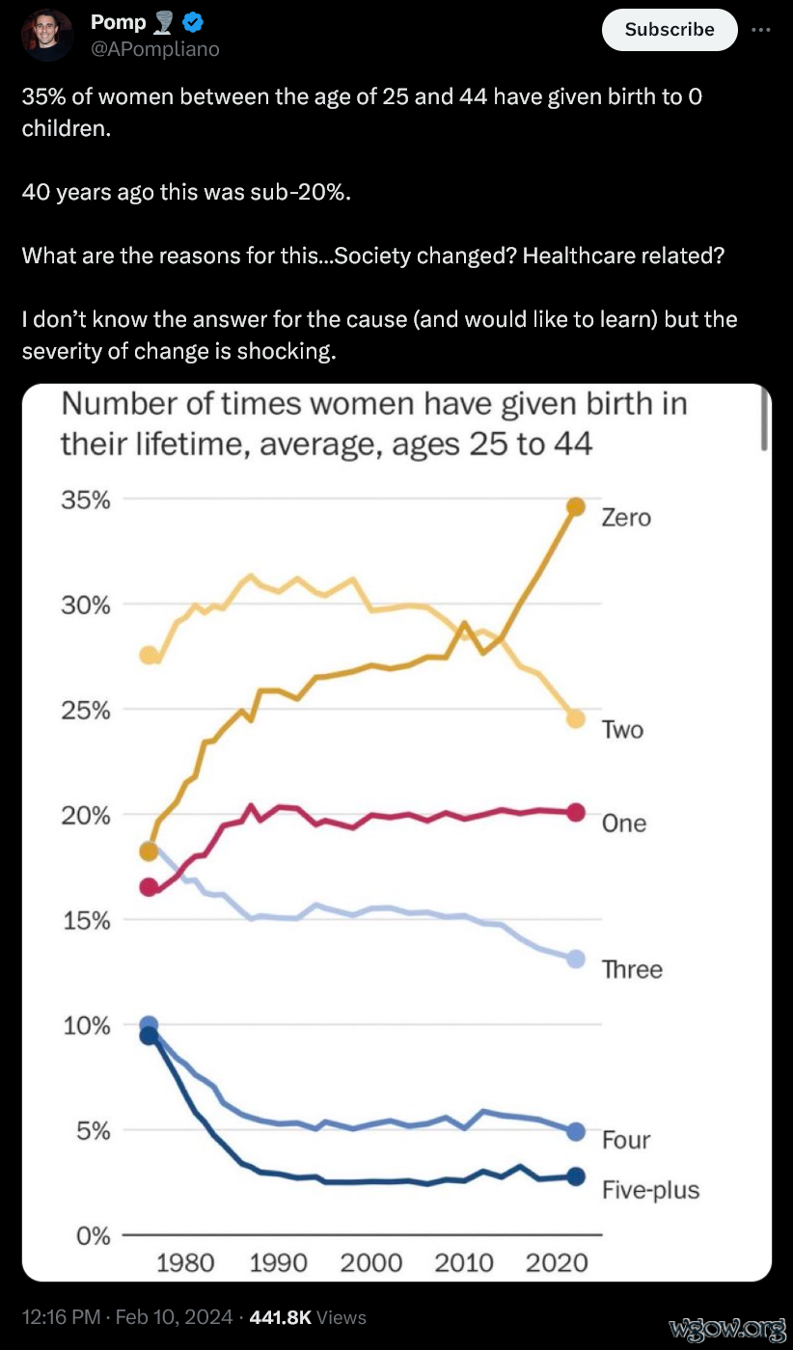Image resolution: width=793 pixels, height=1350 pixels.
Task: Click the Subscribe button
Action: pos(670,29)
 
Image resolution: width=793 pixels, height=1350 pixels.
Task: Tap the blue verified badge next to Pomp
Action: pos(192,22)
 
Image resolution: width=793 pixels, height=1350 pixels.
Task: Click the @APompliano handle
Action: pos(154,48)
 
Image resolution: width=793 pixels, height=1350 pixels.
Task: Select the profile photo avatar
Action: pos(46,35)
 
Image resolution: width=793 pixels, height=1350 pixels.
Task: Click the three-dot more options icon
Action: pos(761,29)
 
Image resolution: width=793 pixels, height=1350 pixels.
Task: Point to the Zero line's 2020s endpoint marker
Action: pos(576,507)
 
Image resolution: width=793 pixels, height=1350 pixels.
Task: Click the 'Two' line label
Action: pos(622,730)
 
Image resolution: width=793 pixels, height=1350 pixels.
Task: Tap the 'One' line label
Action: pos(623,823)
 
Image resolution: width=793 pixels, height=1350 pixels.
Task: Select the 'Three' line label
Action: pos(632,969)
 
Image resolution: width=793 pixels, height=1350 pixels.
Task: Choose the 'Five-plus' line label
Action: pos(650,1190)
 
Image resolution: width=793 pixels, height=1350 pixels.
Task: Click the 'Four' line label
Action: pos(626,1140)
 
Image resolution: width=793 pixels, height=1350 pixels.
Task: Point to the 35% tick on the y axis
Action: pos(86,500)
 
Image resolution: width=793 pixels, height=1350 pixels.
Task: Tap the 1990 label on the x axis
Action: pos(278,1263)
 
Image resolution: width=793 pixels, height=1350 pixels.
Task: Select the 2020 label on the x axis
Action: pos(557,1263)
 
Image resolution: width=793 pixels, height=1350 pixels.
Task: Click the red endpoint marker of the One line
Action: pos(576,813)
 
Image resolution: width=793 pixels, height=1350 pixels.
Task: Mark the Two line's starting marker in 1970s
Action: pos(149,656)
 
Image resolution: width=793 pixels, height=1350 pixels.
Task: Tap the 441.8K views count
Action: pos(280,1316)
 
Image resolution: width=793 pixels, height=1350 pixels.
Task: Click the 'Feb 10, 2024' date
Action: pos(174,1316)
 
